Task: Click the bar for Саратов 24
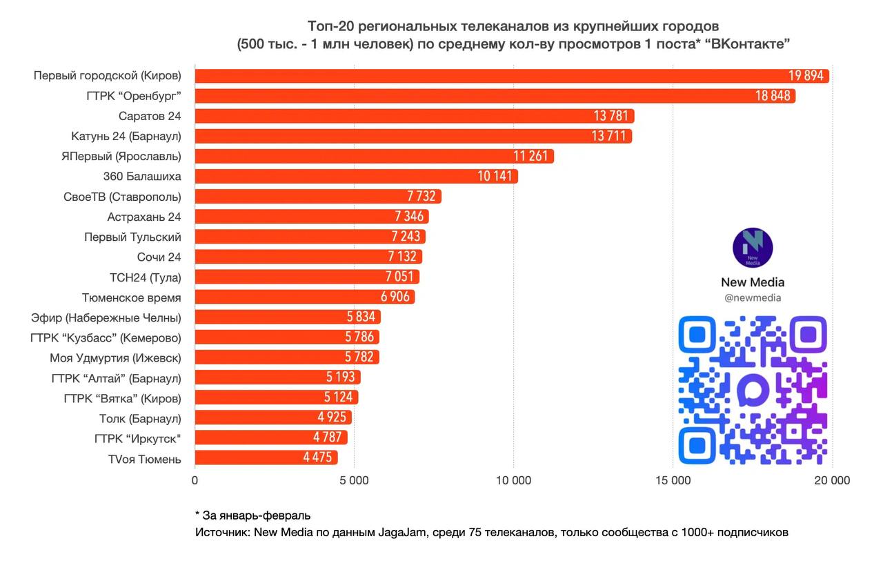[414, 116]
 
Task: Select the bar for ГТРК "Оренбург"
[495, 96]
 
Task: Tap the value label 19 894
[806, 76]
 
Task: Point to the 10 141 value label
[495, 177]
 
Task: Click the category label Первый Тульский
[132, 237]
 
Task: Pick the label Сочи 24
[159, 257]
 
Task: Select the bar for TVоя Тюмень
[266, 458]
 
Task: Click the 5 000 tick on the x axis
[354, 480]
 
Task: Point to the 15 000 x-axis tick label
[673, 480]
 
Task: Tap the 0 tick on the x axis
[195, 480]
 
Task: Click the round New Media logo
[752, 248]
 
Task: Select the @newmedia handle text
[753, 298]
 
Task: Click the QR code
[753, 390]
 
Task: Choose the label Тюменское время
[132, 297]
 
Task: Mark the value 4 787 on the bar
[328, 438]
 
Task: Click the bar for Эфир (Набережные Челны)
[288, 317]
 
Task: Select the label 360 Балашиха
[142, 177]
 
